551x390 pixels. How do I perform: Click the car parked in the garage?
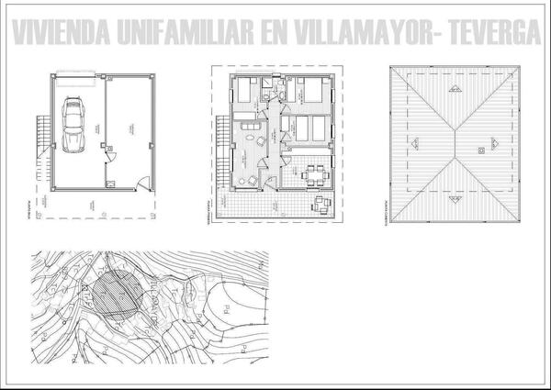tap(73, 126)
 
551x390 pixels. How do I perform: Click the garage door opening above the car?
tap(73, 79)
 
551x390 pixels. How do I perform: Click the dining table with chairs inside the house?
tap(313, 172)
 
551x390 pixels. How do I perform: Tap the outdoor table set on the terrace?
tap(320, 204)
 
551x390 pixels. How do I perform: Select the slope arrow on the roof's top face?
tap(454, 88)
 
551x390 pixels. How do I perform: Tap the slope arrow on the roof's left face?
tap(416, 142)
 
